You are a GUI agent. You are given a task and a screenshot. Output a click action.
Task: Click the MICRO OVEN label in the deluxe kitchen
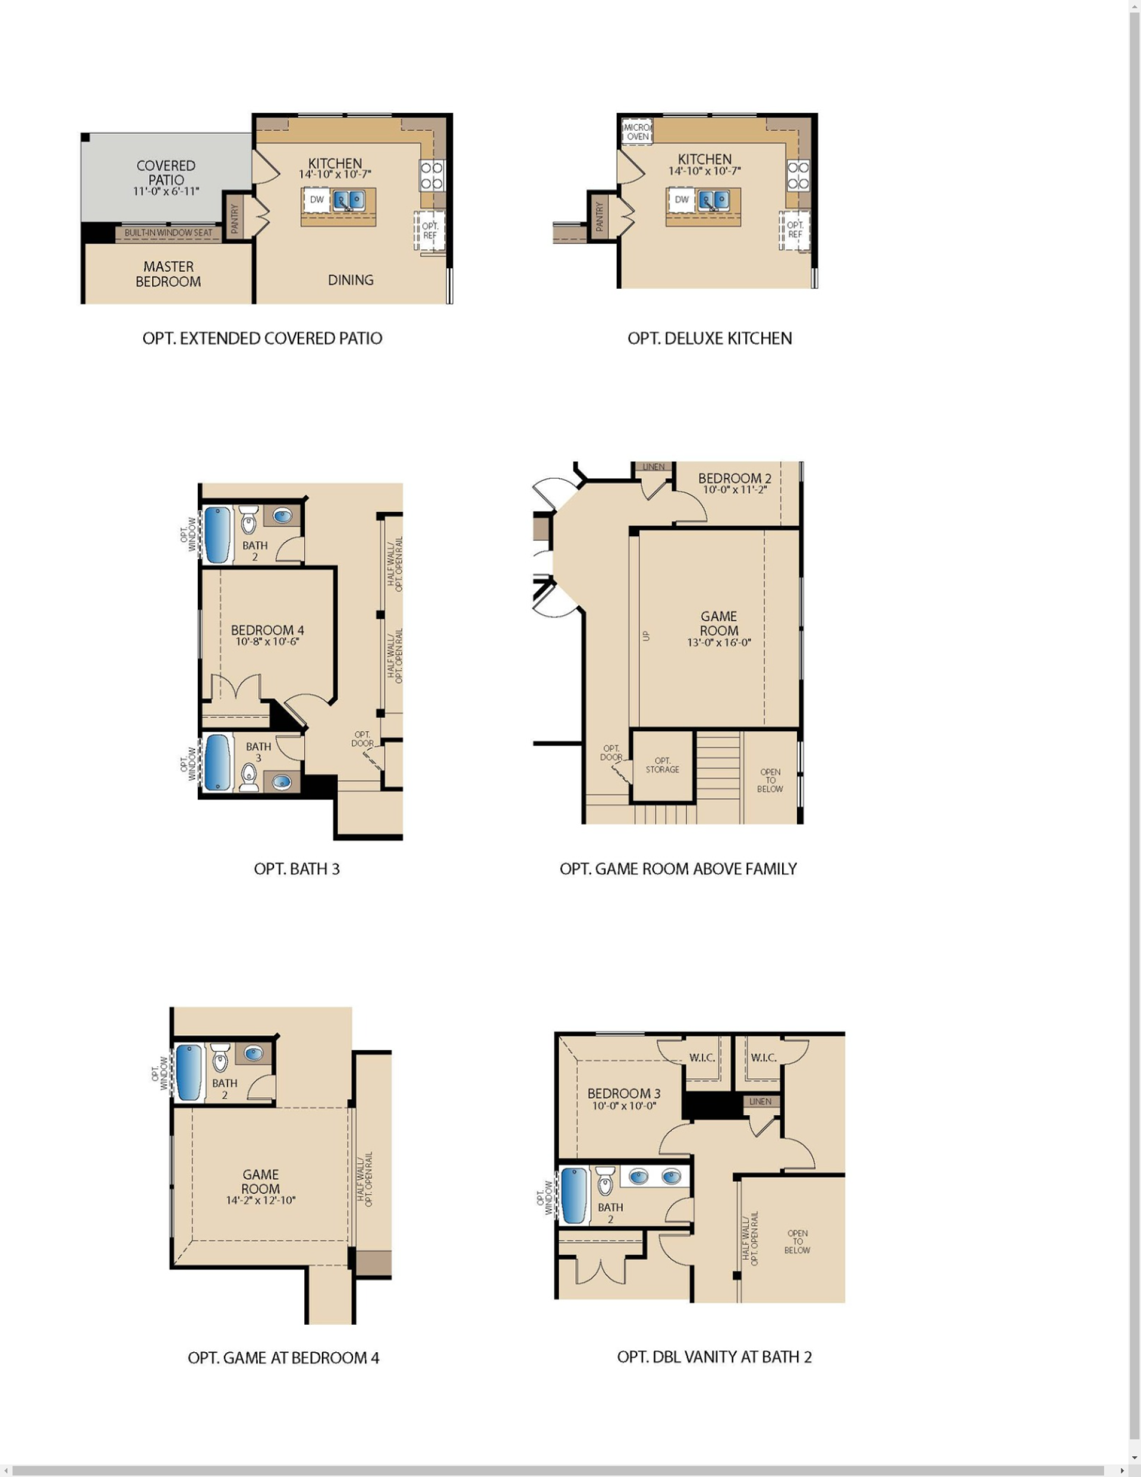(x=637, y=132)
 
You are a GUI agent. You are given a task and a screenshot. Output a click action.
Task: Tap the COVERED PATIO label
(x=166, y=173)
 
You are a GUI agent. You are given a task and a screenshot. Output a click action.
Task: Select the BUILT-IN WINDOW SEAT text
(x=168, y=232)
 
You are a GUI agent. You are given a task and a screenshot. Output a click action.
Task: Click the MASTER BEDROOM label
(x=168, y=274)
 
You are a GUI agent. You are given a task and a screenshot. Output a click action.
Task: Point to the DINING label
(x=351, y=280)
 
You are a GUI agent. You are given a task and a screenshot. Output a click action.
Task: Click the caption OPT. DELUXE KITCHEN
(x=710, y=338)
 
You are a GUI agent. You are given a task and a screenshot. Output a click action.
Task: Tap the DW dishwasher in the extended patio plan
(x=317, y=200)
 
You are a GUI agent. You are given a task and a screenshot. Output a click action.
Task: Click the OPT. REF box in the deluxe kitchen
(x=795, y=230)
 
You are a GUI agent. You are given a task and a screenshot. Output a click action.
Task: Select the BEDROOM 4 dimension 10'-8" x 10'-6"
(x=267, y=642)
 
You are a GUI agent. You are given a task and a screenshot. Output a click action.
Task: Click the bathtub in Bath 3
(x=217, y=762)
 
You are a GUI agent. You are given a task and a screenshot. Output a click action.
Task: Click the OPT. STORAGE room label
(x=662, y=765)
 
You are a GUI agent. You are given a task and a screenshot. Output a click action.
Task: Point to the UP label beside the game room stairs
(x=646, y=636)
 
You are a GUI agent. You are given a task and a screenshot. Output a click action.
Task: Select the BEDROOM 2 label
(x=735, y=478)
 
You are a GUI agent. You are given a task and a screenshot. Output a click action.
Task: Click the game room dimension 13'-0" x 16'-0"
(x=718, y=643)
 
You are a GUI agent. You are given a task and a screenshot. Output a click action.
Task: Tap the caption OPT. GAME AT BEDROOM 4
(x=283, y=1358)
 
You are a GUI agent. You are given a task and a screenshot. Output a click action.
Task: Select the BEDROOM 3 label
(x=623, y=1094)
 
